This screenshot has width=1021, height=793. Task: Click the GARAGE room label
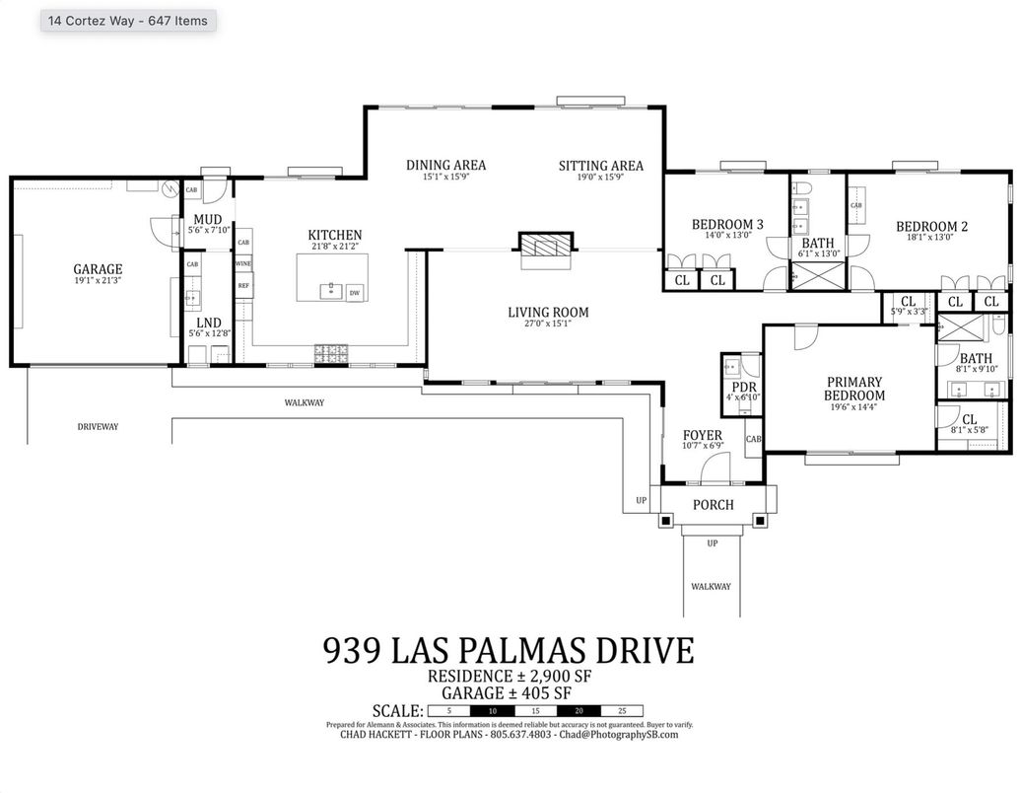[98, 269]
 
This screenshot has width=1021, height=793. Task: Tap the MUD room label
[207, 219]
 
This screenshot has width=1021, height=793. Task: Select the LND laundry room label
[208, 323]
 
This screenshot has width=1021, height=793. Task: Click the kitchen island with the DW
[333, 277]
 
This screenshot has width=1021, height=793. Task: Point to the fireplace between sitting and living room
[545, 247]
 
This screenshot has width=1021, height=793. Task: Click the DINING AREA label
[445, 166]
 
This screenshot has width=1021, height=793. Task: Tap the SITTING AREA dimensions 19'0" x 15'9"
[600, 178]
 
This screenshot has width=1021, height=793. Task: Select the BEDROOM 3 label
[727, 225]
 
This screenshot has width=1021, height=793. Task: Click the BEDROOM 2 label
[931, 227]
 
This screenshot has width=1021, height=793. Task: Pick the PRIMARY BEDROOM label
[854, 389]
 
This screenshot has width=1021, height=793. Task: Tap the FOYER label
[703, 435]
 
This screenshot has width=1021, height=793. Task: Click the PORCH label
[713, 505]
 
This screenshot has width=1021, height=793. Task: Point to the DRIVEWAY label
[98, 427]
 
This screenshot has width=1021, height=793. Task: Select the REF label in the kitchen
[243, 286]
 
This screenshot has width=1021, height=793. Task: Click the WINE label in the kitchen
[243, 264]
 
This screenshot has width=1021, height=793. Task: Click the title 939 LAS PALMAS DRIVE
[509, 651]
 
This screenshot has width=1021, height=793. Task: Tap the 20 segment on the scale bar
[578, 711]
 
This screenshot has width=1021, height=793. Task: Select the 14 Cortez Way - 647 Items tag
[128, 20]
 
